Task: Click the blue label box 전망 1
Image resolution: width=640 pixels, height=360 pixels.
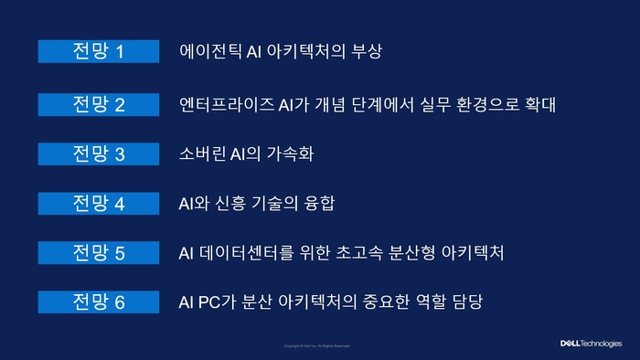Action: pyautogui.click(x=98, y=51)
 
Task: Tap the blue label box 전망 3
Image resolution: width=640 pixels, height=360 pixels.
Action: pyautogui.click(x=98, y=153)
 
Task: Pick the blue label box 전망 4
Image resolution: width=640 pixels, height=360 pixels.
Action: pyautogui.click(x=98, y=203)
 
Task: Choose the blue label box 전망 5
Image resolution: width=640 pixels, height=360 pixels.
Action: pyautogui.click(x=98, y=252)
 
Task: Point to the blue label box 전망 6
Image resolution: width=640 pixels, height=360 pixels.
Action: pyautogui.click(x=98, y=302)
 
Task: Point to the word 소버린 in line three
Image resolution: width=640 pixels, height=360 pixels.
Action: pyautogui.click(x=203, y=153)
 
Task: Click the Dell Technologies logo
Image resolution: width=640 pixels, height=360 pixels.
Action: pyautogui.click(x=591, y=344)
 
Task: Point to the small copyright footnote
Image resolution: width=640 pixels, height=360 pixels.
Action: pyautogui.click(x=317, y=346)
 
